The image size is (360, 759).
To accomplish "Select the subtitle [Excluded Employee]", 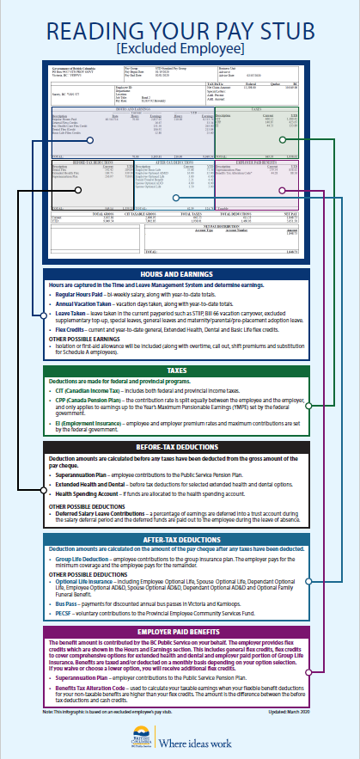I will coord(180,49).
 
